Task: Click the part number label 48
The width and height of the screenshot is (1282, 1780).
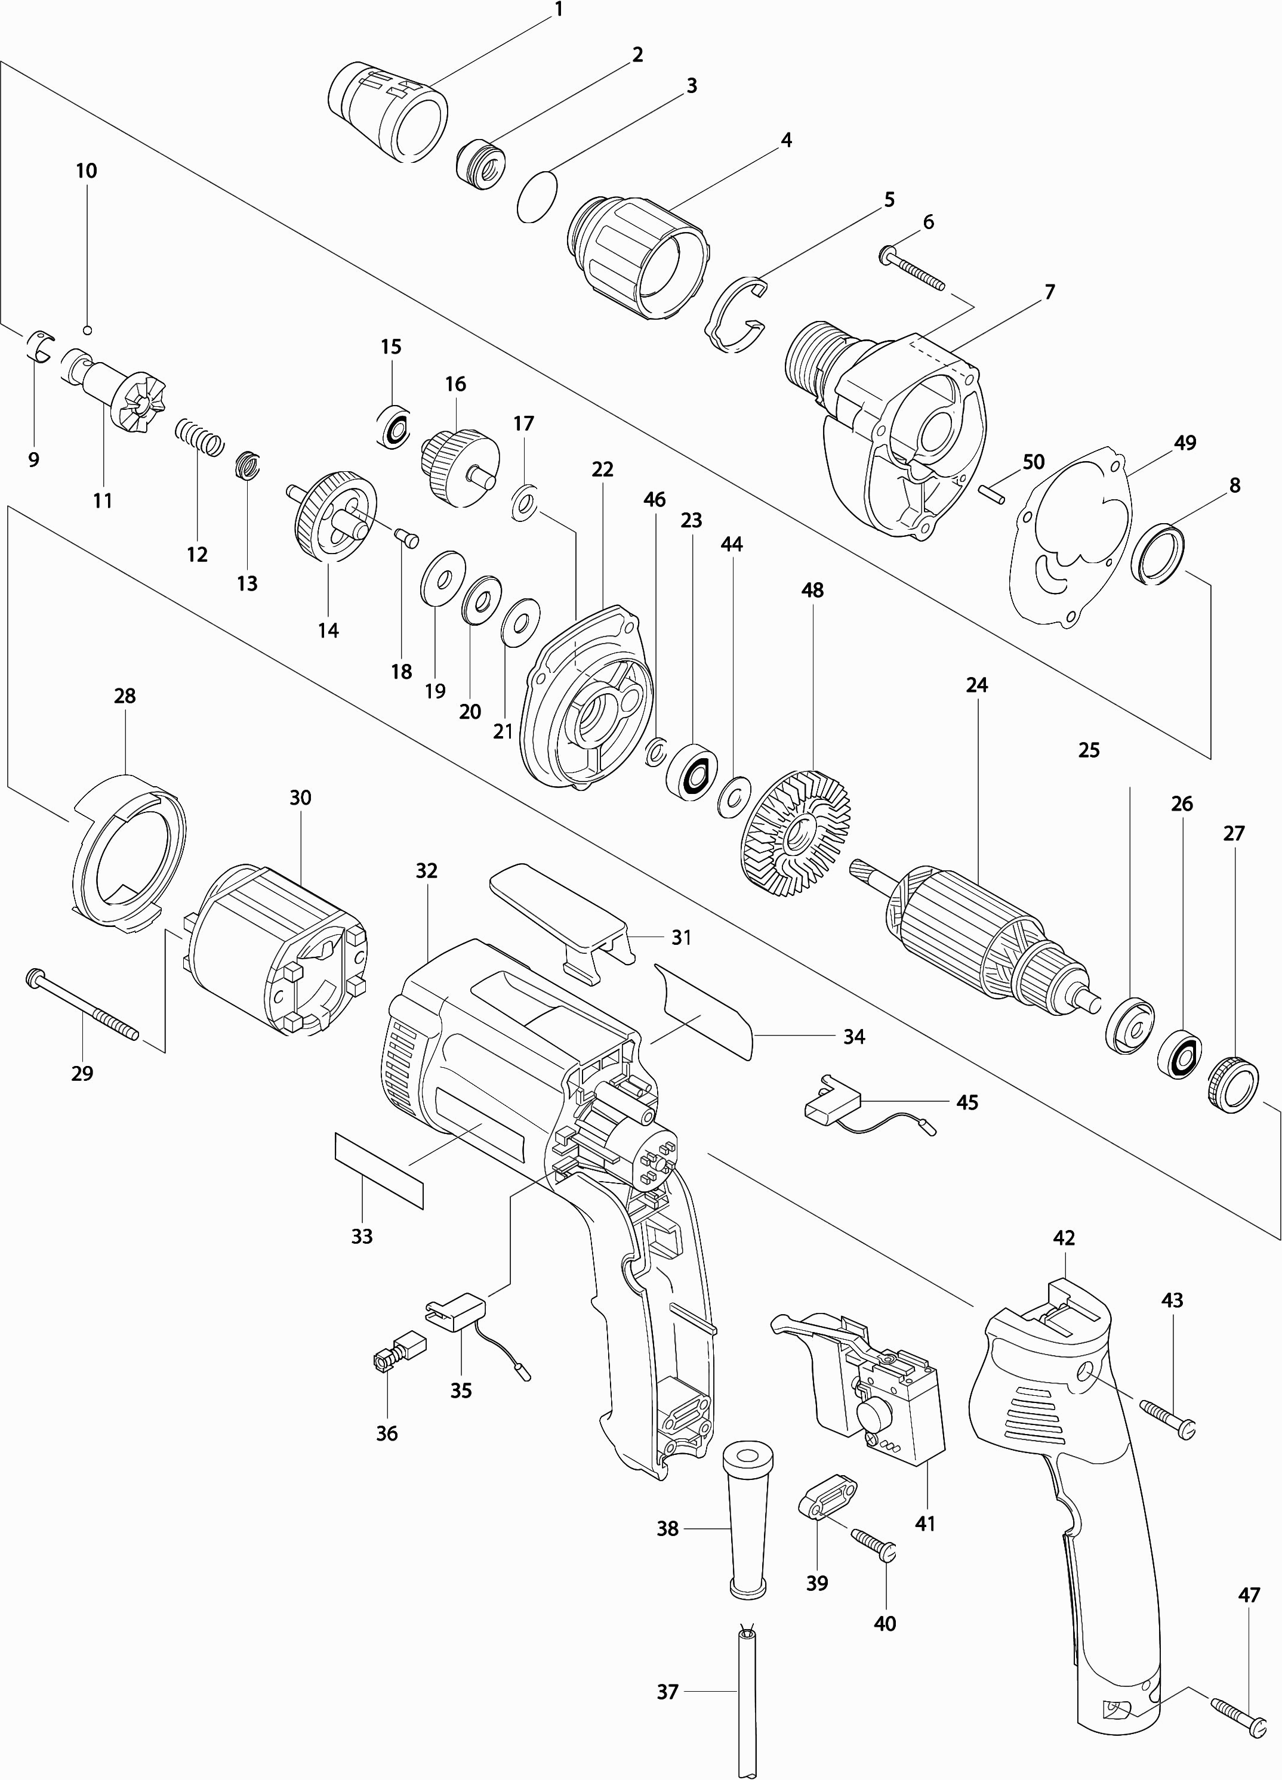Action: (812, 590)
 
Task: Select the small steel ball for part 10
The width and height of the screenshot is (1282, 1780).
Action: (88, 330)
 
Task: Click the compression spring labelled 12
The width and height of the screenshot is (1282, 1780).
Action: (199, 437)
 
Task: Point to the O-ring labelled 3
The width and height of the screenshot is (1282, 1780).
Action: (538, 196)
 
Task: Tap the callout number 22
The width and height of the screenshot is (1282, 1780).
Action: (602, 469)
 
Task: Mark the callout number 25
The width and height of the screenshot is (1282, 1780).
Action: (1088, 750)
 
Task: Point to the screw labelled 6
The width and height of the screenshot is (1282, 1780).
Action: (912, 271)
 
